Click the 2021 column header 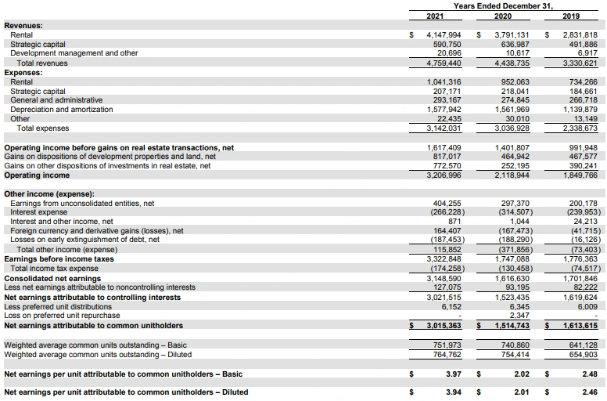pyautogui.click(x=435, y=16)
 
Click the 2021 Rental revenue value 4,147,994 pyautogui.click(x=444, y=35)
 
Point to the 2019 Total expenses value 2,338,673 pyautogui.click(x=580, y=128)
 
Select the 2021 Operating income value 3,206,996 pyautogui.click(x=444, y=175)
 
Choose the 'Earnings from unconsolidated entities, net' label pyautogui.click(x=82, y=203)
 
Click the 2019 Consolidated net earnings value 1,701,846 pyautogui.click(x=580, y=278)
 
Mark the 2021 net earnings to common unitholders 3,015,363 pyautogui.click(x=444, y=325)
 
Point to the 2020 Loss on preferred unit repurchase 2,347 pyautogui.click(x=518, y=315)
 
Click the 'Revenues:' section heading pyautogui.click(x=23, y=26)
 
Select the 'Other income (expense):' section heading pyautogui.click(x=49, y=193)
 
